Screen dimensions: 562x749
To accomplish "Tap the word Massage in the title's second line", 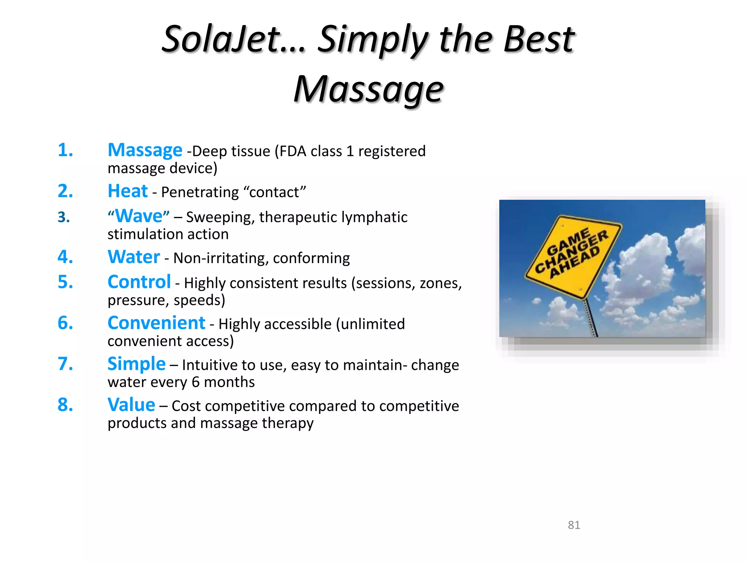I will pos(369,89).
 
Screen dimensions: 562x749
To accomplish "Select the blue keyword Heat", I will pos(128,191).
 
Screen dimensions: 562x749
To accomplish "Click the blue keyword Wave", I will pos(139,216).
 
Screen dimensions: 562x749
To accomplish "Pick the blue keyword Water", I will pos(134,257).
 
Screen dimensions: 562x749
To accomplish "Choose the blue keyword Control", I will pos(139,282).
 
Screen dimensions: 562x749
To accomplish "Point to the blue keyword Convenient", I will pos(157,323).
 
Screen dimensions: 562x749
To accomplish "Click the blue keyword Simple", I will pos(136,364).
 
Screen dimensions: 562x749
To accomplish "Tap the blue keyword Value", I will pos(131,405).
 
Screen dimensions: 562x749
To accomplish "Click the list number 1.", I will pos(65,150).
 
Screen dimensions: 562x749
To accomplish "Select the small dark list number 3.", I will pos(64,217).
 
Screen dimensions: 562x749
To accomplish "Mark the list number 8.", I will pos(65,405).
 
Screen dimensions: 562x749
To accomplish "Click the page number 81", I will pos(574,525).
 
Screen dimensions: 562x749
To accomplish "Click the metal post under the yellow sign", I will pos(590,317).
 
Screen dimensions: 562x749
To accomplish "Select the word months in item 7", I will pos(229,382).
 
